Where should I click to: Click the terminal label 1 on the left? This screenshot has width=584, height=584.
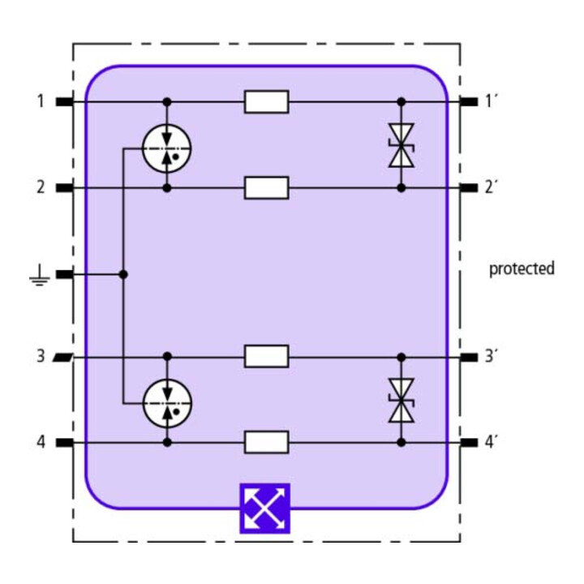point(41,101)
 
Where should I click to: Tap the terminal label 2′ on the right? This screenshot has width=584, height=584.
point(492,187)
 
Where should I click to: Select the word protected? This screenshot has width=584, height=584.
point(522,268)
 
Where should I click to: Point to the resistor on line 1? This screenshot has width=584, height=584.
point(266,101)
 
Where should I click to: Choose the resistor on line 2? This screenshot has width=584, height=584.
point(266,188)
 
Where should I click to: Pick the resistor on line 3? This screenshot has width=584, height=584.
point(266,356)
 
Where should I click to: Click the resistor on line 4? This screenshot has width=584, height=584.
point(266,443)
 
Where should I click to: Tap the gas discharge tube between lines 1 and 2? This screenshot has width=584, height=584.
point(167,148)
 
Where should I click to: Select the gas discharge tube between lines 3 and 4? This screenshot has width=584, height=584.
point(168,403)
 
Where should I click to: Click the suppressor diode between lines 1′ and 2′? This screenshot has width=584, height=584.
point(401,145)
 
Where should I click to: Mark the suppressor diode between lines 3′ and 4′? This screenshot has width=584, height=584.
point(401,401)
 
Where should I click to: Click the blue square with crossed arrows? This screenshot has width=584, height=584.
point(264,509)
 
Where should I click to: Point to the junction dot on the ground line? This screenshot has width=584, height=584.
point(123,275)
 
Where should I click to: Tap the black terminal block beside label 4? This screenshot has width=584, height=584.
point(65,443)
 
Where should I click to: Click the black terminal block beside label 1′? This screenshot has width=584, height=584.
point(469,101)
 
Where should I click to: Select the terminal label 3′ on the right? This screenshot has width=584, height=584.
point(492,356)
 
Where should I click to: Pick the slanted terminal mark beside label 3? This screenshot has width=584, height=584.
point(63,357)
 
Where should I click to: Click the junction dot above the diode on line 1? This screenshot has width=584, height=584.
point(401,101)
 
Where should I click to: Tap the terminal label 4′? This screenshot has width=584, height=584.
point(492,442)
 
